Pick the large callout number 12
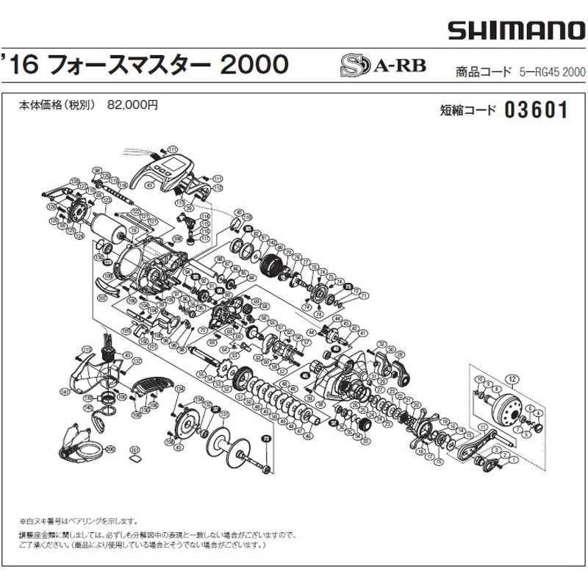512,379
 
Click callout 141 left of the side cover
65,392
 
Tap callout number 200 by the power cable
111,449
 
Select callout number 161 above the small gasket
135,450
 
